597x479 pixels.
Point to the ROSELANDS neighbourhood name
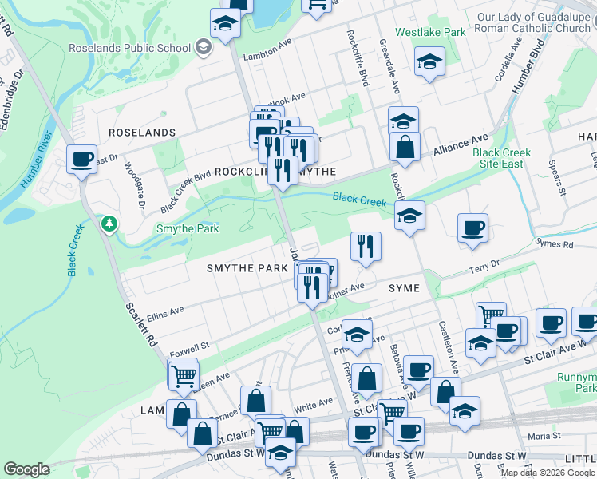pyautogui.click(x=141, y=133)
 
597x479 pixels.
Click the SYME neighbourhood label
pyautogui.click(x=404, y=287)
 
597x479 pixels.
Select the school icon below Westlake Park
pyautogui.click(x=429, y=61)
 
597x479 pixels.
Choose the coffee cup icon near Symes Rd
pyautogui.click(x=473, y=227)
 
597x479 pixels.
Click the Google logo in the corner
pyautogui.click(x=26, y=469)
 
